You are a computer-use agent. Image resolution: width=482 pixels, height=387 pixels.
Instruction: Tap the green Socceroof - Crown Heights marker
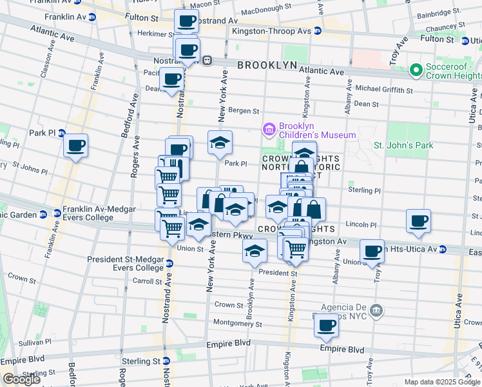tap(416, 70)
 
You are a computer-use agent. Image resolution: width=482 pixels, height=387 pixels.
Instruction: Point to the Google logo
tap(21, 379)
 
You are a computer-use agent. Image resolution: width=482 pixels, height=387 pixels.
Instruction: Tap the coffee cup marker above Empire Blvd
tap(327, 325)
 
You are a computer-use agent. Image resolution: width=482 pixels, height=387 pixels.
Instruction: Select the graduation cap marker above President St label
tap(255, 251)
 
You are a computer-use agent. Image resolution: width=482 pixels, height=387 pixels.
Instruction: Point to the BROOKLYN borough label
tap(267, 66)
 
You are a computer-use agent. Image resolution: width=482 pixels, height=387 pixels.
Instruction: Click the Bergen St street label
tap(245, 111)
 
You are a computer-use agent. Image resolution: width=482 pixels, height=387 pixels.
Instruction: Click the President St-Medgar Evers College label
tap(126, 263)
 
